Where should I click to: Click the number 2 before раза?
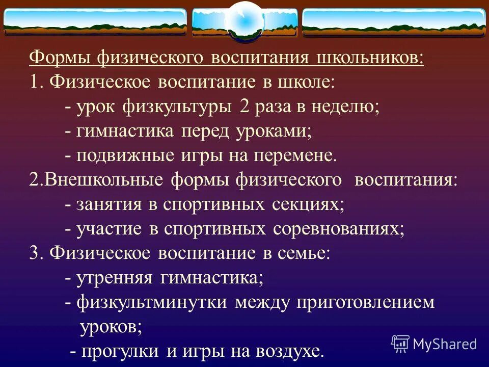(241, 107)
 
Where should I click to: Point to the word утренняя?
(116, 278)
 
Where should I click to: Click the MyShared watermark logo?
(434, 344)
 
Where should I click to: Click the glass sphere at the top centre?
(244, 21)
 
